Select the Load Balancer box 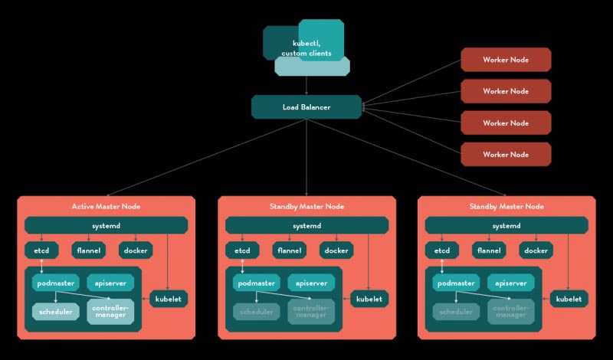(306, 107)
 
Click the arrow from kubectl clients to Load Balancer (306, 85)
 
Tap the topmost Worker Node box (505, 59)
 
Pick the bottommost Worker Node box (505, 154)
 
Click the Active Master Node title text (106, 206)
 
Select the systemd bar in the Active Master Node (106, 225)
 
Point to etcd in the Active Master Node (41, 250)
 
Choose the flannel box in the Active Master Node (89, 250)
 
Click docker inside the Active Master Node (136, 250)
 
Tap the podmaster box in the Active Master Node (55, 283)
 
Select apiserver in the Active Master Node (110, 283)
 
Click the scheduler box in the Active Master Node (55, 312)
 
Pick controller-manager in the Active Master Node (110, 312)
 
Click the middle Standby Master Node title (306, 206)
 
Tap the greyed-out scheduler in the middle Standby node (256, 312)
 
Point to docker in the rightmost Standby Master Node (536, 250)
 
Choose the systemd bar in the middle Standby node (306, 225)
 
